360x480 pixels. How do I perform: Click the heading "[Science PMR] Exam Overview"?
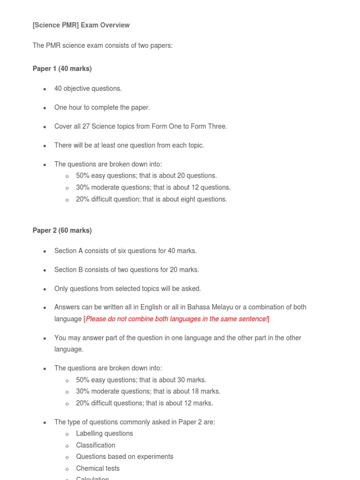(x=81, y=25)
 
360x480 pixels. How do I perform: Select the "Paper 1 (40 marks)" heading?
(x=62, y=69)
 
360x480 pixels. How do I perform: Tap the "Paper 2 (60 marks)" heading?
(x=62, y=231)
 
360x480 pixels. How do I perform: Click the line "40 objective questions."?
(x=88, y=89)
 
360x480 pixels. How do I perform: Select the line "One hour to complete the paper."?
(x=102, y=107)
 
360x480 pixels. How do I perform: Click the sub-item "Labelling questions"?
(x=105, y=434)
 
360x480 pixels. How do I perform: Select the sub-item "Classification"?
(x=96, y=445)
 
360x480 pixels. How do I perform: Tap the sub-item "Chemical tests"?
(x=98, y=468)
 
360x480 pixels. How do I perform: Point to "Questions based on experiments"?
(x=125, y=457)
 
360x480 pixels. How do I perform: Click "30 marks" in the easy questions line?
(x=191, y=380)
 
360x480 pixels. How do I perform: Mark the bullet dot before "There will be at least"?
(x=45, y=146)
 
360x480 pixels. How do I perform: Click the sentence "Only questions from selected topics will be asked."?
(x=127, y=289)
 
